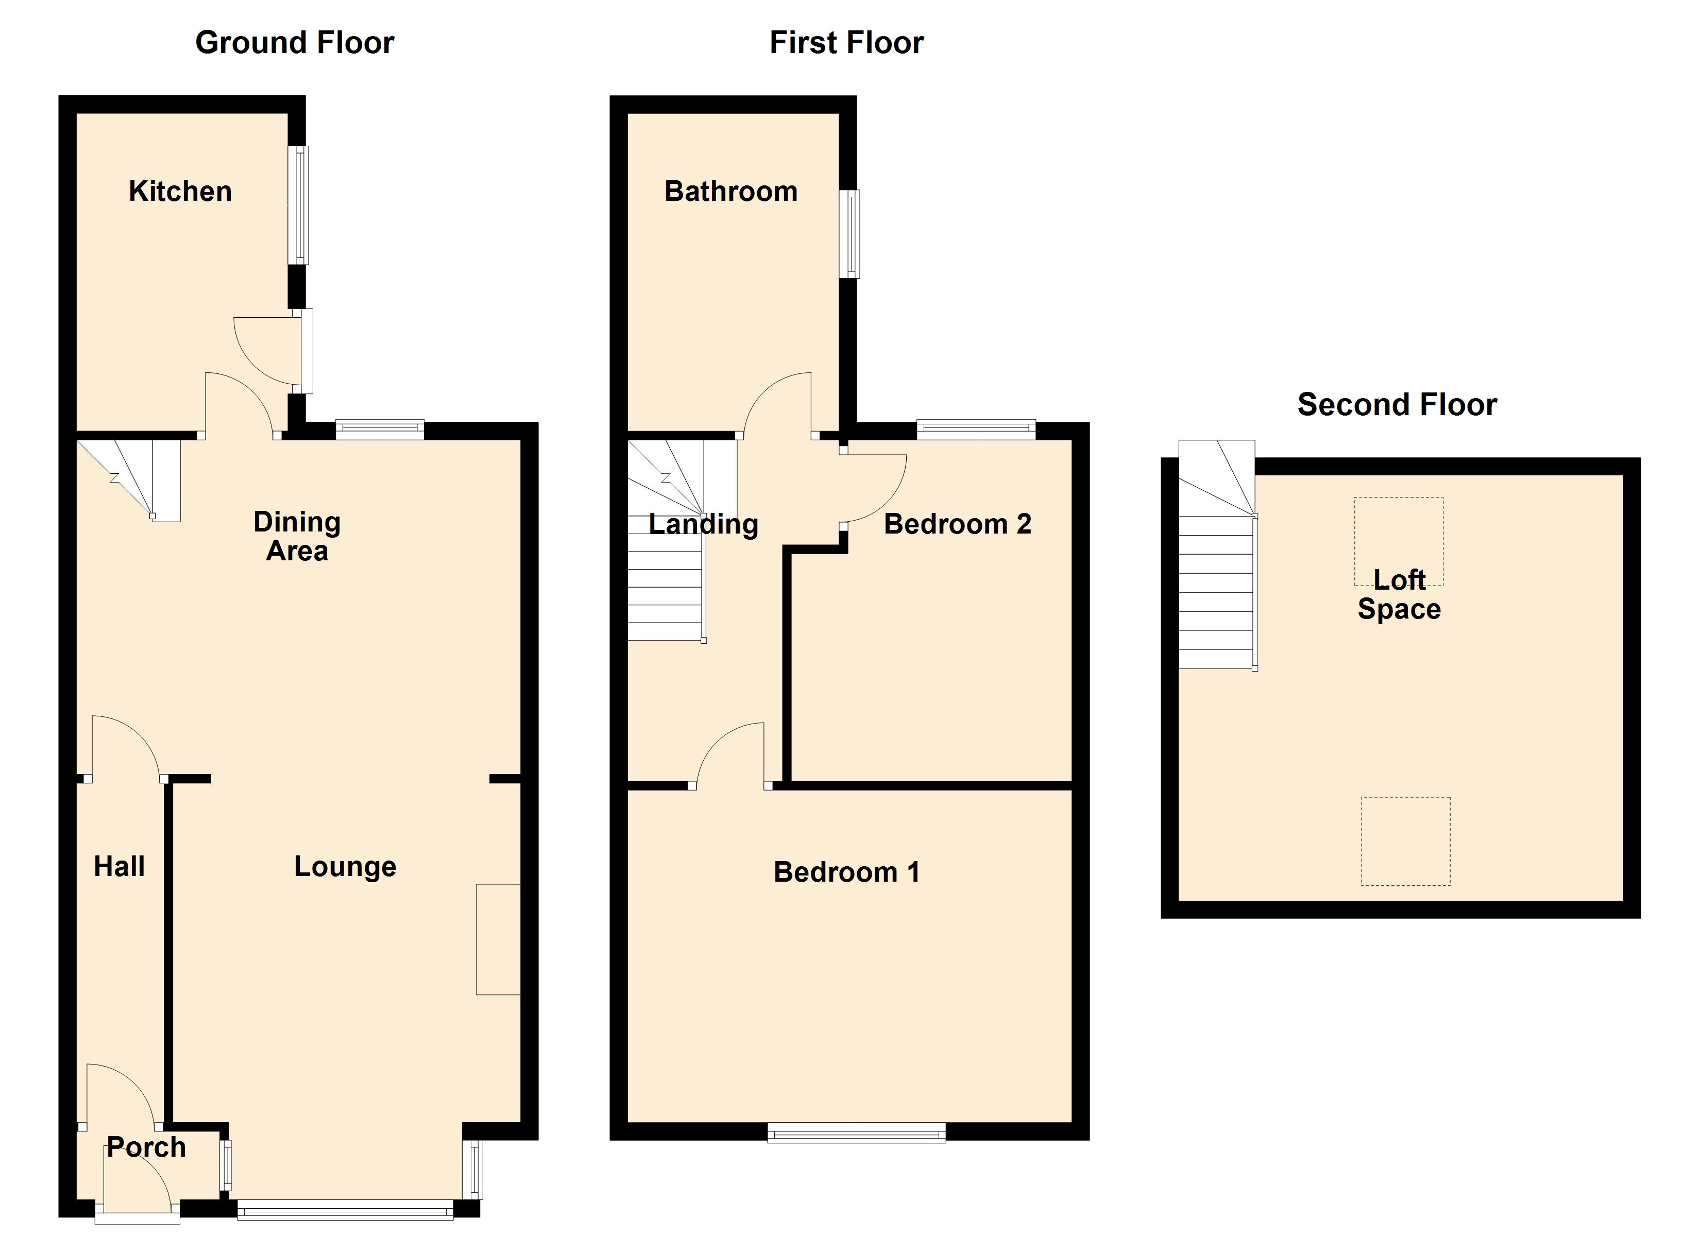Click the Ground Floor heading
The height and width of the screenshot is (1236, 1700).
[295, 43]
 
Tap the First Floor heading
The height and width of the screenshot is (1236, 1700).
[846, 43]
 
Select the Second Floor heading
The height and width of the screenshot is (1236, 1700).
[1397, 405]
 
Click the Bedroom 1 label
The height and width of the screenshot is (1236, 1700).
[846, 872]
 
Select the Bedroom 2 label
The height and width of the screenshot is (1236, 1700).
[957, 524]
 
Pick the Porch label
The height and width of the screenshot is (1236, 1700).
[146, 1147]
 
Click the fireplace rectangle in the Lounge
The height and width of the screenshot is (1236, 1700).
[498, 939]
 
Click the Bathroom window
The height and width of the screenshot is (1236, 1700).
[850, 234]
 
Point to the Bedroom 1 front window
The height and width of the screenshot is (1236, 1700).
[856, 1134]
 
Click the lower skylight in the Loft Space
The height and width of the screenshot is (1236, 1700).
[1405, 841]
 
